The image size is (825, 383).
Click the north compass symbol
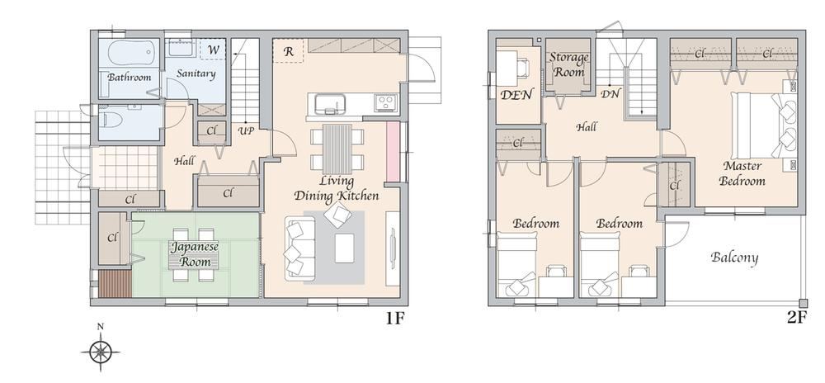point(100,352)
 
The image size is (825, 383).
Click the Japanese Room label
point(195,254)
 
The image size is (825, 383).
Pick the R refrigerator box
point(289,51)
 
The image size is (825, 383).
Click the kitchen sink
point(326,103)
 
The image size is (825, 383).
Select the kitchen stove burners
point(385,103)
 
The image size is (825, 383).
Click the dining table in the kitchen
point(336,148)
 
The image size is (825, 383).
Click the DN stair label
point(610,94)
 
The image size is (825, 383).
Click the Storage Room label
point(569,64)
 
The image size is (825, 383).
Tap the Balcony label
point(734,258)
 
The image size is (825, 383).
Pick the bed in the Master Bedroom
point(763,124)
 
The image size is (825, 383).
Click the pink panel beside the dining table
point(393,152)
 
